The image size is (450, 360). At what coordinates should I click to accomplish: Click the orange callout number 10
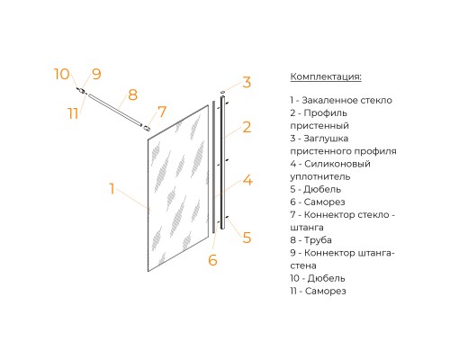[x=62, y=74]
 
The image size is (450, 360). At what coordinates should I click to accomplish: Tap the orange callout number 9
[x=96, y=74]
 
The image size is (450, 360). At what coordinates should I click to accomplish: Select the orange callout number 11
[x=73, y=113]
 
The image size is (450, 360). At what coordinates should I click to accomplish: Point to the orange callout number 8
[x=132, y=94]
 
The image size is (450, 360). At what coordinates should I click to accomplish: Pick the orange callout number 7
[x=162, y=112]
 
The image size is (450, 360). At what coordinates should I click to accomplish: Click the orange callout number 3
[x=247, y=82]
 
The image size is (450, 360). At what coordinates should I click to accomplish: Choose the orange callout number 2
[x=247, y=127]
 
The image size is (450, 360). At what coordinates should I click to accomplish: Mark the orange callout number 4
[x=247, y=180]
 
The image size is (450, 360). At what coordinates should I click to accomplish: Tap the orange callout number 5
[x=247, y=238]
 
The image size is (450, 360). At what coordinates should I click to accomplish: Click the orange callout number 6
[x=212, y=260]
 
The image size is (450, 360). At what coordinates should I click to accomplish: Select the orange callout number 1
[x=112, y=189]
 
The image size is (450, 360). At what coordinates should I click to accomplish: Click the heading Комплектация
[x=326, y=76]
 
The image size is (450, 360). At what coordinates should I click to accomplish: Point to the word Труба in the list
[x=318, y=240]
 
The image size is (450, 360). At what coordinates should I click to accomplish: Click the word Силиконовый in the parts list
[x=337, y=164]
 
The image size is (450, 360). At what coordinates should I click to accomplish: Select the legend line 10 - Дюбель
[x=318, y=278]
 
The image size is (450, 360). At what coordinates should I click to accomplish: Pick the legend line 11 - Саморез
[x=318, y=291]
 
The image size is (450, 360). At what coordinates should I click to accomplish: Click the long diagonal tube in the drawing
[x=115, y=110]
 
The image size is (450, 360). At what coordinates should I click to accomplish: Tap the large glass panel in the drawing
[x=178, y=188]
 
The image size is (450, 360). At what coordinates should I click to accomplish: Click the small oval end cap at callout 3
[x=222, y=92]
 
